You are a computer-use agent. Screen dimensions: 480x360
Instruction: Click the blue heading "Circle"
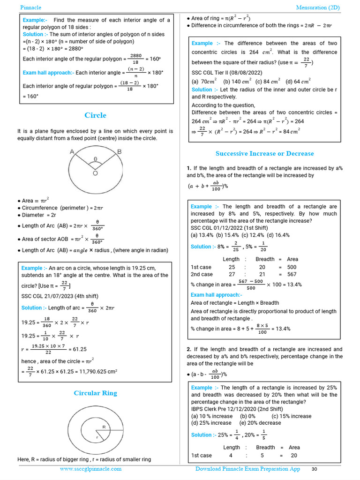click(x=95, y=115)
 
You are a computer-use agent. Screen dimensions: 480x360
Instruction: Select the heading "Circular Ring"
click(x=95, y=393)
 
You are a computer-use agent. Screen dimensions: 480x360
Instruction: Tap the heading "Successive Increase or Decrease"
click(x=264, y=153)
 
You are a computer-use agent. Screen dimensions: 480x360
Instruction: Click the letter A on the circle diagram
click(x=72, y=151)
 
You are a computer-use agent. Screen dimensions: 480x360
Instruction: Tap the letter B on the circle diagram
click(x=119, y=151)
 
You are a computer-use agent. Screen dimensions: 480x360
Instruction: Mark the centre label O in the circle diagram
click(x=95, y=173)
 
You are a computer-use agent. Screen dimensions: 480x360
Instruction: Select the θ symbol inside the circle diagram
click(x=96, y=159)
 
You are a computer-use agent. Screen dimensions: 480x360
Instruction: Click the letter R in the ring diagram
click(x=104, y=427)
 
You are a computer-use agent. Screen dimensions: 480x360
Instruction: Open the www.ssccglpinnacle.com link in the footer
click(x=90, y=469)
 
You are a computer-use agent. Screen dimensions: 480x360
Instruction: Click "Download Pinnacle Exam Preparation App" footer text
click(x=247, y=469)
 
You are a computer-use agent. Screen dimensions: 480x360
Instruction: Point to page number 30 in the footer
click(x=315, y=469)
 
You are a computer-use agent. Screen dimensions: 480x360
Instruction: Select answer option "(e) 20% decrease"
click(x=260, y=423)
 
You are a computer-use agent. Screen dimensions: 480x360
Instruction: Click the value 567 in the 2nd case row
click(x=292, y=274)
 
